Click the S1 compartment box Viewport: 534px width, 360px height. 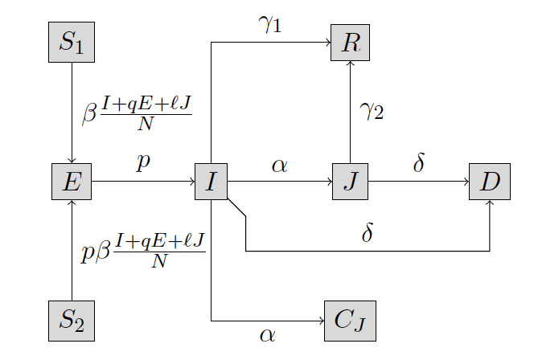(72, 43)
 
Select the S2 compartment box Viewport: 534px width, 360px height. (72, 321)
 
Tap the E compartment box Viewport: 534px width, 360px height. (72, 182)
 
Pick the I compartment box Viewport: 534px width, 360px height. (211, 182)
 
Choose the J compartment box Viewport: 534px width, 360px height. (350, 182)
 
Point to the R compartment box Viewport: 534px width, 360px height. (350, 43)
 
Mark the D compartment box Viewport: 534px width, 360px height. (489, 182)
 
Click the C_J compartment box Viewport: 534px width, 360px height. (350, 321)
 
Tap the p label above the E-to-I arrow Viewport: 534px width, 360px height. (143, 162)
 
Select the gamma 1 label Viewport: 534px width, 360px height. (269, 24)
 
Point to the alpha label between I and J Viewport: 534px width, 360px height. (279, 166)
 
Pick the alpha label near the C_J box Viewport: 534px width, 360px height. (268, 334)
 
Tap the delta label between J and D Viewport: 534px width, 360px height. (418, 163)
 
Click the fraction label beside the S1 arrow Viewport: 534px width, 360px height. (138, 113)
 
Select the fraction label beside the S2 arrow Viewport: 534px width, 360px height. (143, 252)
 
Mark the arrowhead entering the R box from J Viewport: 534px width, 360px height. (350, 64)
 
